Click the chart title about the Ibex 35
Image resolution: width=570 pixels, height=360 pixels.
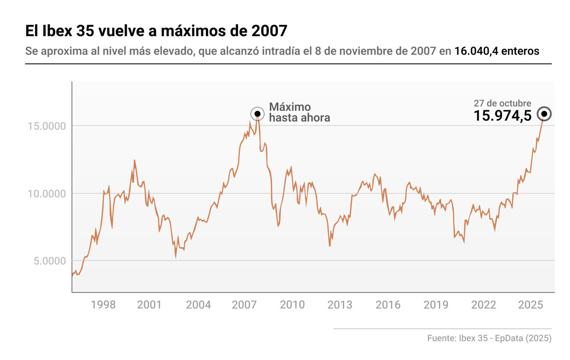(x=156, y=31)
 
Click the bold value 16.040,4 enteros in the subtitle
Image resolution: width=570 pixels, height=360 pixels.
(x=497, y=51)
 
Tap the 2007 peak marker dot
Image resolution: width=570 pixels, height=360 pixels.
(x=257, y=114)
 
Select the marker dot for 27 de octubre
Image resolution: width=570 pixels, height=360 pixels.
(x=544, y=114)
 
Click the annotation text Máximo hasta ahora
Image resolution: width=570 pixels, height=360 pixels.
(x=299, y=112)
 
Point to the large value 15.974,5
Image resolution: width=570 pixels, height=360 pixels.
(x=502, y=116)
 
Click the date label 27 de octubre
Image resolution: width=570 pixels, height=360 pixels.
(x=502, y=103)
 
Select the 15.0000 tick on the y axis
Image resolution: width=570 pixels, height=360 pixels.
(x=46, y=126)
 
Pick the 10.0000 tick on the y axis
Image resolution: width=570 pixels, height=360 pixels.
(x=46, y=193)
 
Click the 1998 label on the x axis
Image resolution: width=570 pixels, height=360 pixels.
(x=103, y=305)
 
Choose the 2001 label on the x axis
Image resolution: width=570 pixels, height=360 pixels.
(x=150, y=305)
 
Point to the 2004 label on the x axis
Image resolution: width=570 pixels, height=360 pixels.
(x=198, y=305)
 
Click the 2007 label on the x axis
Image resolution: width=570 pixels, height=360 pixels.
(x=244, y=305)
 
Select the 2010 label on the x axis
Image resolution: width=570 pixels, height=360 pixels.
(x=292, y=305)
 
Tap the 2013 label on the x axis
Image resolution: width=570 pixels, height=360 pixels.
(x=340, y=305)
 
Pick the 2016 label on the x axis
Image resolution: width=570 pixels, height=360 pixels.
(x=388, y=305)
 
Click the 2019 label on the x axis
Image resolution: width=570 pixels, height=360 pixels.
(x=436, y=305)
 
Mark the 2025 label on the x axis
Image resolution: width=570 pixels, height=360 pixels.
(x=531, y=305)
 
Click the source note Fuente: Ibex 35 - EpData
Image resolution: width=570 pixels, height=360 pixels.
(x=489, y=339)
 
